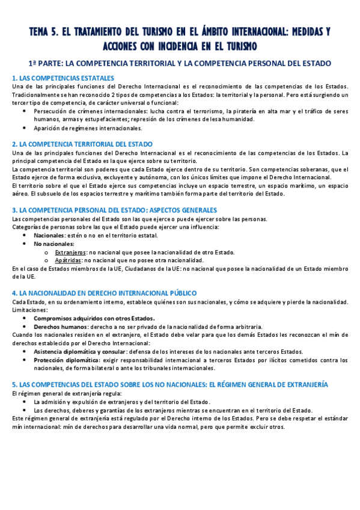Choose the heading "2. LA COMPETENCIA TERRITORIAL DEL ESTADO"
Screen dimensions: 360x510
[82, 144]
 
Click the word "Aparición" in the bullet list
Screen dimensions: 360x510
[47, 128]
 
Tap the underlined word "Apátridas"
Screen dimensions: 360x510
[69, 260]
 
